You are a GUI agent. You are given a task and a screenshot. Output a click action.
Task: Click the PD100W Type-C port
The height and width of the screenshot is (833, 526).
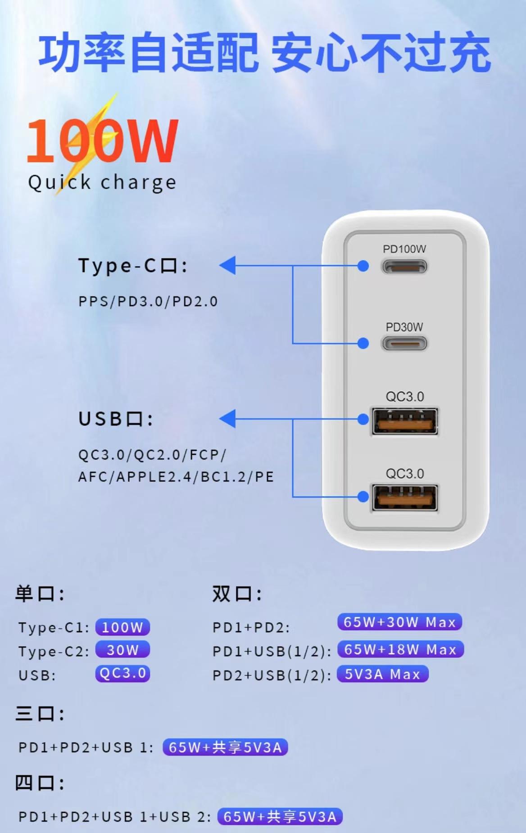[x=404, y=267]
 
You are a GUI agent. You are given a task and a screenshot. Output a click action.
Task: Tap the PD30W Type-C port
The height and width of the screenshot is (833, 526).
[x=404, y=344]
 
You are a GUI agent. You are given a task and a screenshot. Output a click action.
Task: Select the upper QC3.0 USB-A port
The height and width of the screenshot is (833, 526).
[x=404, y=421]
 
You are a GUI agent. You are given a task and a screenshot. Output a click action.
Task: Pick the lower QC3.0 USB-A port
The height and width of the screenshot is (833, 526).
[x=404, y=498]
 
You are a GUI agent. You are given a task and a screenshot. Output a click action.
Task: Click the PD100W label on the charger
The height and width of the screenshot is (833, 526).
[x=404, y=249]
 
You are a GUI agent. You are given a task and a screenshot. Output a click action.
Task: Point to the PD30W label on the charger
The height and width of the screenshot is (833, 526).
[x=404, y=327]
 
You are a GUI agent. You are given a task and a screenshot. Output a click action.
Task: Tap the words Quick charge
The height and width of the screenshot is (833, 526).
[x=102, y=182]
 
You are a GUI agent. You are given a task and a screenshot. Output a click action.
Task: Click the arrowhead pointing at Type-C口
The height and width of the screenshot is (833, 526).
[x=228, y=265]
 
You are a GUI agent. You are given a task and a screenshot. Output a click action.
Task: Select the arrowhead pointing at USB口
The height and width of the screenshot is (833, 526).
[x=228, y=419]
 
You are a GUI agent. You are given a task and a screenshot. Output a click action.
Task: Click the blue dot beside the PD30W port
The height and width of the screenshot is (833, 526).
[x=363, y=344]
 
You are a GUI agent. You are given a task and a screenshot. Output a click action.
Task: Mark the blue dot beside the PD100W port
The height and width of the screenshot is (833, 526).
[x=363, y=266]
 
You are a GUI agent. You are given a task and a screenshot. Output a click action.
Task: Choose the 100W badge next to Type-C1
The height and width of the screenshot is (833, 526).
[x=122, y=627]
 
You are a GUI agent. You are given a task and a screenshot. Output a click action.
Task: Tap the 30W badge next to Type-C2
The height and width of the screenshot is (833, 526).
[x=122, y=650]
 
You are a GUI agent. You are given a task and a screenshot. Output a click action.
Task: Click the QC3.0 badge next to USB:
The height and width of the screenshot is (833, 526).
[x=122, y=674]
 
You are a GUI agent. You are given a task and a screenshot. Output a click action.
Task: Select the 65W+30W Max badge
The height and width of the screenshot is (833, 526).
[x=399, y=622]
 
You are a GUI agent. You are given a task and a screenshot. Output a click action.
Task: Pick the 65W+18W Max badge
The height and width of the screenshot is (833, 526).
[x=400, y=649]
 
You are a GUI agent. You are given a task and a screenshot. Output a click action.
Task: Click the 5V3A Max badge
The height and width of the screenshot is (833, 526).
[x=382, y=674]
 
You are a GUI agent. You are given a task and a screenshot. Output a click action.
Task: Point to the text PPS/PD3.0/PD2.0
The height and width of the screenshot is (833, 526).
[x=148, y=301]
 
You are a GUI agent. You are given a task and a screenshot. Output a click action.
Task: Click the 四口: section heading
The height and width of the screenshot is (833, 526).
[x=40, y=783]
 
